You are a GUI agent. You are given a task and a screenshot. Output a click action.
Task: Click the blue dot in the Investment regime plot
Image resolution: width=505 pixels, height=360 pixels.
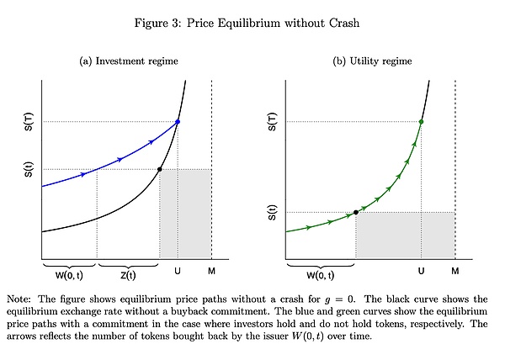point(178,122)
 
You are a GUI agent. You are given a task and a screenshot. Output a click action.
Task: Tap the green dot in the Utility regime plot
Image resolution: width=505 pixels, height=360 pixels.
point(421,122)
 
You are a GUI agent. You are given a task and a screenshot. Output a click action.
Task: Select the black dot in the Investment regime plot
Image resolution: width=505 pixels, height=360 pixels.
point(160,170)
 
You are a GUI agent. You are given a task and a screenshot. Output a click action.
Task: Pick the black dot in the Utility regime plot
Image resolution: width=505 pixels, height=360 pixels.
point(356,212)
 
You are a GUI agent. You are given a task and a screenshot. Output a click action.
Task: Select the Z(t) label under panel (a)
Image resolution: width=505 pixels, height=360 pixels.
point(128,275)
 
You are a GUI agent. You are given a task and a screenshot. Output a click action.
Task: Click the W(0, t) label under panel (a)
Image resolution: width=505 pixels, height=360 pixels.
point(69,275)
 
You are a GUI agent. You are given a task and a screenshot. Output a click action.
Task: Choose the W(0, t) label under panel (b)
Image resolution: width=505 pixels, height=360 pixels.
point(320,275)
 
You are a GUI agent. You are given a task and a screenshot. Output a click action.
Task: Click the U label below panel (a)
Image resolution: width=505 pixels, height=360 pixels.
point(178,271)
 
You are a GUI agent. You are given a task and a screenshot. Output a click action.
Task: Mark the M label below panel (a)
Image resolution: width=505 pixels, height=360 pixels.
point(211,271)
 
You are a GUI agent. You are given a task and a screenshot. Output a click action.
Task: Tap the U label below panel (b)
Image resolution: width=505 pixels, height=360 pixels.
point(421,271)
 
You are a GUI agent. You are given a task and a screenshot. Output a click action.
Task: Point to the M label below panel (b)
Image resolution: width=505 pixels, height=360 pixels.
point(454,271)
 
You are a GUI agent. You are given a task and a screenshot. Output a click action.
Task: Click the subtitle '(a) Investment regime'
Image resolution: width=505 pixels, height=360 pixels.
point(128,61)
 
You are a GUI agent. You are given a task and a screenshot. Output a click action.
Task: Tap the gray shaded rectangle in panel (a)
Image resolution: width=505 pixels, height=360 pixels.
point(185,214)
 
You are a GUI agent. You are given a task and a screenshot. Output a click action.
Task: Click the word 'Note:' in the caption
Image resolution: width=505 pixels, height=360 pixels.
point(20,299)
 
